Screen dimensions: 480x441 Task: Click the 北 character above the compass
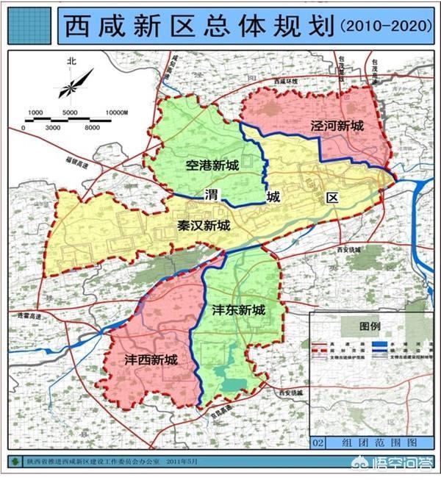(x=71, y=62)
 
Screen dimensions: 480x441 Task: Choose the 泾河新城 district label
(x=337, y=125)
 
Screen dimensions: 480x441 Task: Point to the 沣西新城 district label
(x=151, y=360)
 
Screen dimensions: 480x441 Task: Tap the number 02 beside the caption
(x=318, y=443)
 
